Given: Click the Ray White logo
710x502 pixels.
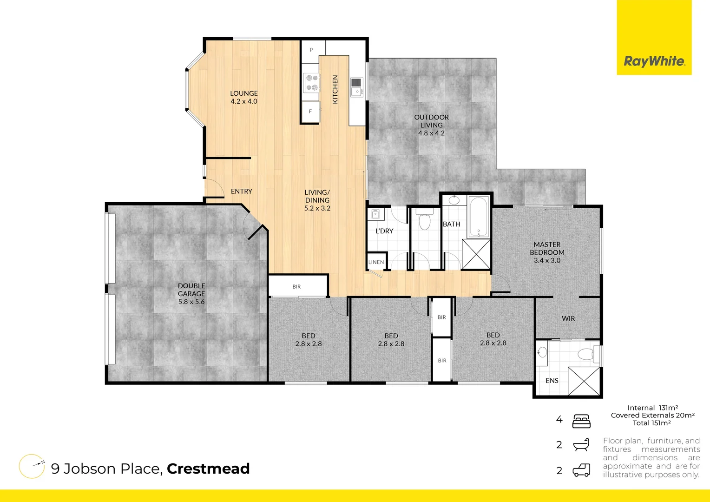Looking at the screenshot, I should [x=654, y=61].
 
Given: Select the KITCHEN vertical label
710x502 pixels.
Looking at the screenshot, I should [x=335, y=89].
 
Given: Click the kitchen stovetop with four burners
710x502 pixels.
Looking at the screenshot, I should [x=311, y=83].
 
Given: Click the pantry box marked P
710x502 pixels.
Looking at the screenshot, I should [x=311, y=49].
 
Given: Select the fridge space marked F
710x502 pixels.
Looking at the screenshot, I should [x=310, y=112].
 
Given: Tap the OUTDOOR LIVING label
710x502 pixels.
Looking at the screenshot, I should [x=432, y=125].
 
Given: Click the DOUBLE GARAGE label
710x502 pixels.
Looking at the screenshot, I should [x=191, y=294].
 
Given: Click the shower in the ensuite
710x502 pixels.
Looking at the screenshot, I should [x=584, y=381].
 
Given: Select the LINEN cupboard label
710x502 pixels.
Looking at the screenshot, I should [x=376, y=262].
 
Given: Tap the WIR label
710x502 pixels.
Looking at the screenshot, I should [x=568, y=318].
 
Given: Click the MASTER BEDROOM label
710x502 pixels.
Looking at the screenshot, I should [x=547, y=252].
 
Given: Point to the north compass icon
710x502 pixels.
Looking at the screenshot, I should [x=32, y=466].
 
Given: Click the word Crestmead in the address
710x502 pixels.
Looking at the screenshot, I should [x=208, y=469].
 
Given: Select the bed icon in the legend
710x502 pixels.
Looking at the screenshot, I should [x=581, y=421].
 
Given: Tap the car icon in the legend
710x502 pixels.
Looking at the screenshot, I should [x=581, y=470].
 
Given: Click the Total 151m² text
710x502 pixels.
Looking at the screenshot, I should [x=651, y=423].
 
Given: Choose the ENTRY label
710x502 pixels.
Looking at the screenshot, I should [x=242, y=192].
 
